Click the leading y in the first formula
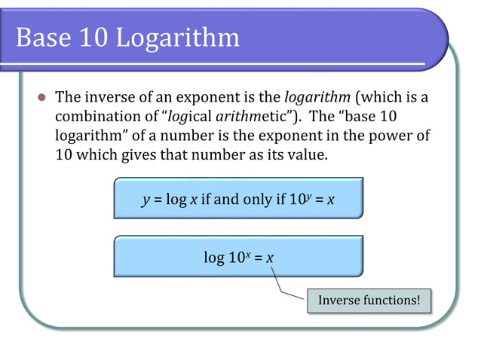point(145,200)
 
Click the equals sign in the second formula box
point(258,258)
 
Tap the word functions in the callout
point(391,300)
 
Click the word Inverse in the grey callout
point(339,300)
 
